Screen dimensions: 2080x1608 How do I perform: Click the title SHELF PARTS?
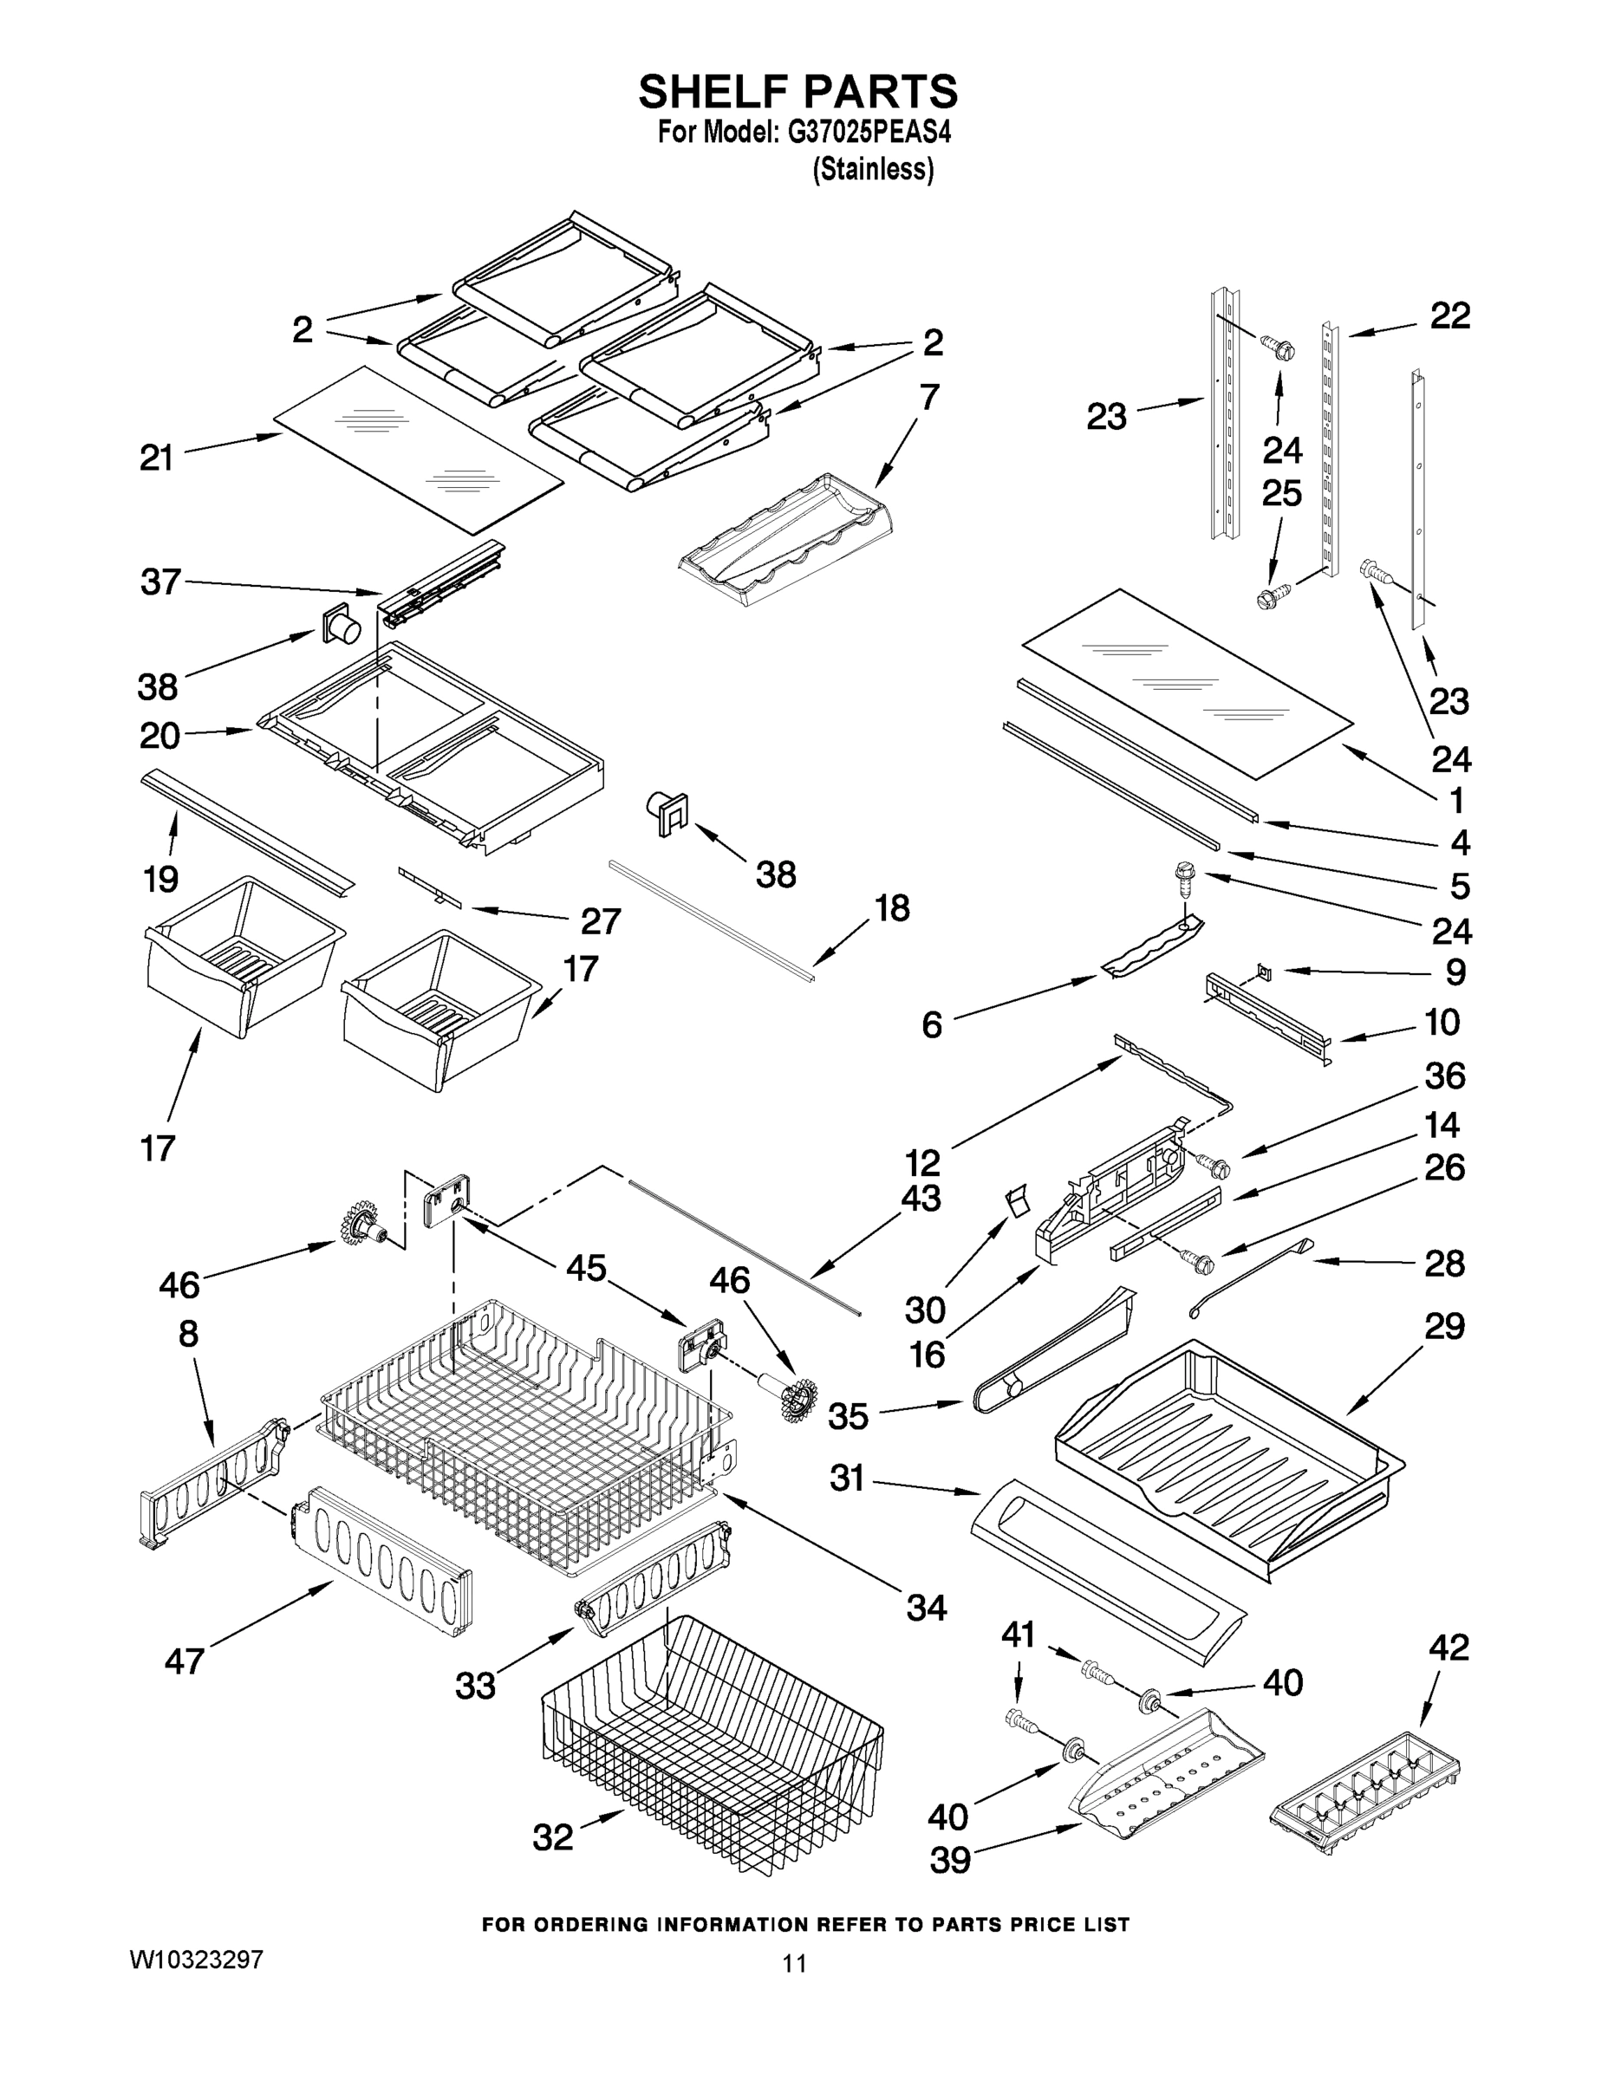[797, 93]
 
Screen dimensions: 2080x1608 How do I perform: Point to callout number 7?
[928, 397]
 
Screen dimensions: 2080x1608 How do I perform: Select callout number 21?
[157, 458]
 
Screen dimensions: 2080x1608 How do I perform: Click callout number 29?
[1443, 1326]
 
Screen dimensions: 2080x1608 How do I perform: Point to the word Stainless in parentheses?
[873, 170]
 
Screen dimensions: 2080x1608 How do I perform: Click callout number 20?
[160, 735]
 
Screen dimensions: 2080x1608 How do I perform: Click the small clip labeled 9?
[1264, 971]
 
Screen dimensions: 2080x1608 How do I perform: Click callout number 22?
[1450, 316]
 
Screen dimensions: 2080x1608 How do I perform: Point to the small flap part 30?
[1018, 1201]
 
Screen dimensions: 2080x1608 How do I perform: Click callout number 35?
[848, 1443]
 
